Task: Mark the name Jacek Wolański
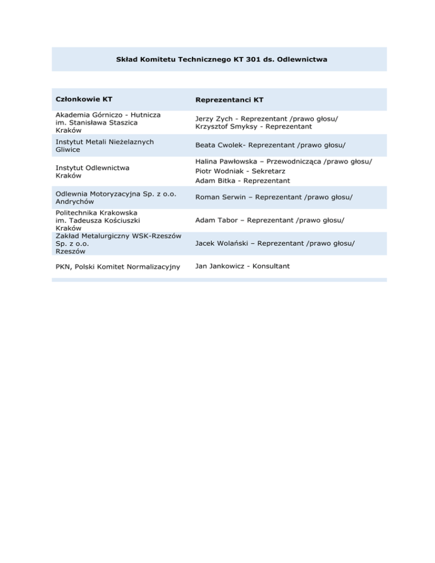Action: (x=222, y=243)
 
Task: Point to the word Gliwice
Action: (x=67, y=150)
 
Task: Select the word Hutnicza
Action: (x=142, y=114)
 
